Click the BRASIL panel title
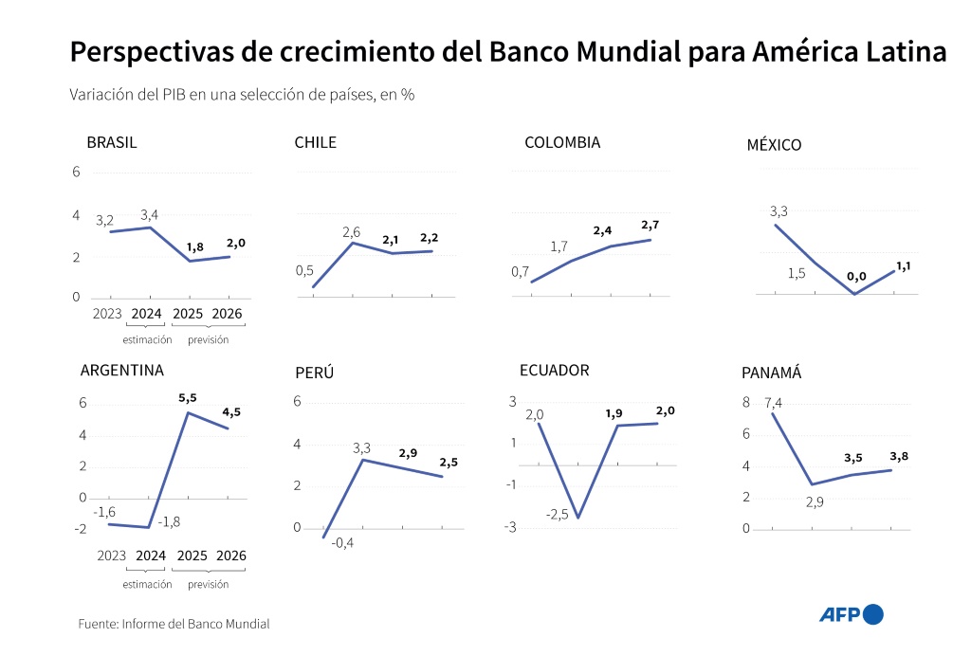coord(112,143)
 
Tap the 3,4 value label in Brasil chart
coord(149,215)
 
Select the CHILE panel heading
coord(316,143)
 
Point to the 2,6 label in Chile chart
coord(351,232)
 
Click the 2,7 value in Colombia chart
coord(650,226)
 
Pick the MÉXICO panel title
coord(774,145)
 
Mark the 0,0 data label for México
coord(856,277)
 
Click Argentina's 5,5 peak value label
coord(188,398)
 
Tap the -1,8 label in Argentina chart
coord(169,521)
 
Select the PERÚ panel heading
coord(314,373)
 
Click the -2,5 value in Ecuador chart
coord(557,515)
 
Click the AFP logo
coord(851,614)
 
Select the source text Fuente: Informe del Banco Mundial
coord(174,624)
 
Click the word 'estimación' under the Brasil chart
coord(148,339)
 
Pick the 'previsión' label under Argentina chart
coord(208,584)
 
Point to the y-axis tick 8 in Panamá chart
coord(746,403)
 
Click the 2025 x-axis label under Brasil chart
coord(188,314)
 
